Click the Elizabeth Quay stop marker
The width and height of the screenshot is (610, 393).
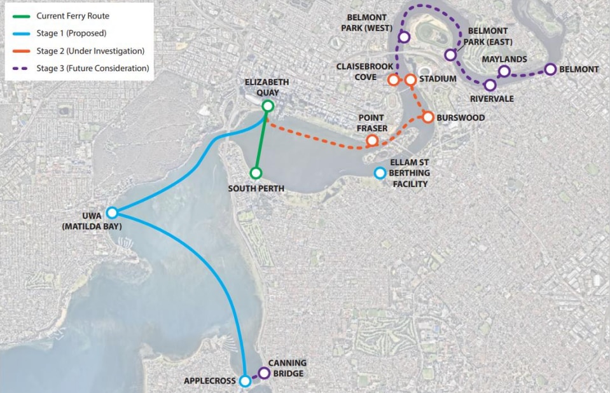268,106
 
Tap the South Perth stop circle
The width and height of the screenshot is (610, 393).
255,173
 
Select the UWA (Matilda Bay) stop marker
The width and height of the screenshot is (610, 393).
112,213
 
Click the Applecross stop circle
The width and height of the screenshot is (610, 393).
245,382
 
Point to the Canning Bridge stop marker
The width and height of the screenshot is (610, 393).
264,373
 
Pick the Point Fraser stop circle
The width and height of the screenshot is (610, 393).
372,141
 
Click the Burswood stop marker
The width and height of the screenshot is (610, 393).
427,117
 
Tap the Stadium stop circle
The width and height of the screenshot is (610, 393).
410,79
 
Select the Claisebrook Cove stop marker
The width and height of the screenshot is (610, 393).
393,79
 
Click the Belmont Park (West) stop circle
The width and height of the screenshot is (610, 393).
403,38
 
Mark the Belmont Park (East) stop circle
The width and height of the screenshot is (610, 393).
450,55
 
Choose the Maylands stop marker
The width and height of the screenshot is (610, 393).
504,71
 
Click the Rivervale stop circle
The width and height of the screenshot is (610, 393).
490,85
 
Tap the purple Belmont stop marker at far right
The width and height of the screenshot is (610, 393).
550,69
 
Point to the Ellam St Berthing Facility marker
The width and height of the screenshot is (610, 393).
380,172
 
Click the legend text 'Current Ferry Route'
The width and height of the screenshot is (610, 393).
73,16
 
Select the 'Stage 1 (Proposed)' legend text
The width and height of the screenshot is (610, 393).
71,33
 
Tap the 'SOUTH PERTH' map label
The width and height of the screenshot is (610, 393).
256,189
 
